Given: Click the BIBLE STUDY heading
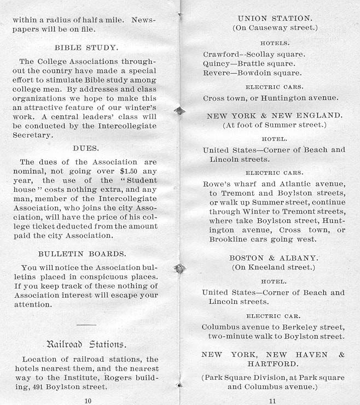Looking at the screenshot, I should [86, 48].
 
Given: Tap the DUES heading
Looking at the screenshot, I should [86, 148].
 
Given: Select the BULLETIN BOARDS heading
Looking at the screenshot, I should [82, 254].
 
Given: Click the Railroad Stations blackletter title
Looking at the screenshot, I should [86, 344].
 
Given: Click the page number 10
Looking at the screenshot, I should [88, 400].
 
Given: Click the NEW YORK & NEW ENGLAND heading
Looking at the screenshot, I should [275, 115].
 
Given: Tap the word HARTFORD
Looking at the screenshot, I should [274, 363].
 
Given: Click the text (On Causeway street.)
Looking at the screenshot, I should [275, 27].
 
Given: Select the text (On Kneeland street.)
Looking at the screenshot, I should [274, 267].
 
